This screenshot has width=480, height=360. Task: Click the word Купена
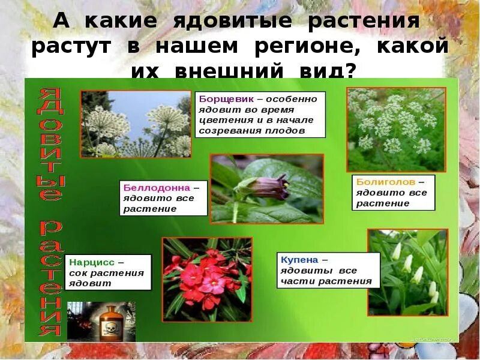(x=296, y=260)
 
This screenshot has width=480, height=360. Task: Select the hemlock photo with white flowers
(x=397, y=129)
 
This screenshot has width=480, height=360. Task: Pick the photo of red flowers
(x=207, y=279)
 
